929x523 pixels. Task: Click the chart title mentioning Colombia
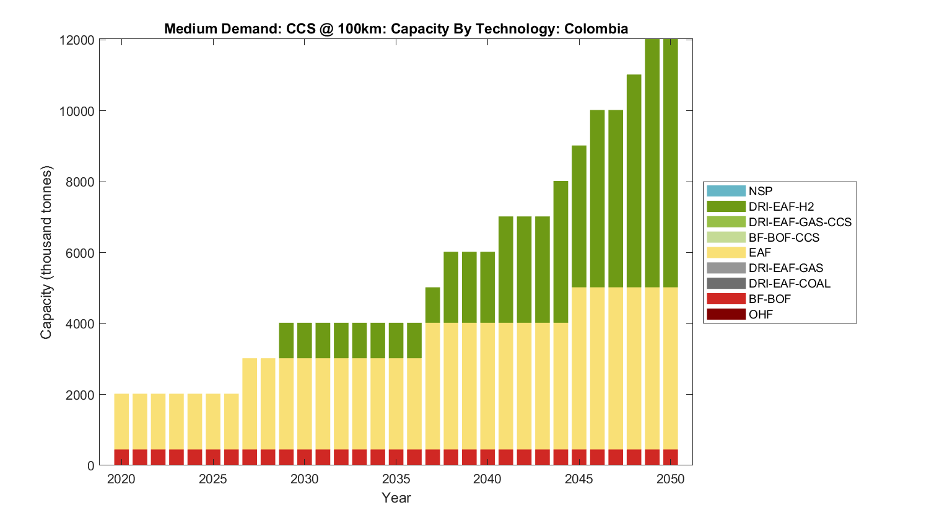pos(396,29)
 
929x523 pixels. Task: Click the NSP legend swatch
pos(726,191)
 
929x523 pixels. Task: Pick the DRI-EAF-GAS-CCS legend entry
pos(800,222)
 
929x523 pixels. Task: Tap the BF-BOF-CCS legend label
pos(783,237)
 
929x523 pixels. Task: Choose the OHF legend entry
pos(761,314)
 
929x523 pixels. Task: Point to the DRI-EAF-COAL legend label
pos(789,283)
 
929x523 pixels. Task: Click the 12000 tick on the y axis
pos(77,40)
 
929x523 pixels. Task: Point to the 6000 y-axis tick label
pos(80,253)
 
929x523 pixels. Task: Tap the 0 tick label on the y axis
pos(91,466)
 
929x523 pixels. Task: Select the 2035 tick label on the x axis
pos(396,479)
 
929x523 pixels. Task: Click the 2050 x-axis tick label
pos(671,479)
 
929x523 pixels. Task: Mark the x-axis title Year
pos(396,498)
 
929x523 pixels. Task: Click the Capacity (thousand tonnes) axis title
pos(46,252)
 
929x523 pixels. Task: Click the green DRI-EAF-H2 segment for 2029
pos(286,341)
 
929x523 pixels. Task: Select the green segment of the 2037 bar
pos(432,305)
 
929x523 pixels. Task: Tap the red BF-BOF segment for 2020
pos(121,457)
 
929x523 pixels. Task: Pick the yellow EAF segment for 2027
pos(250,403)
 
